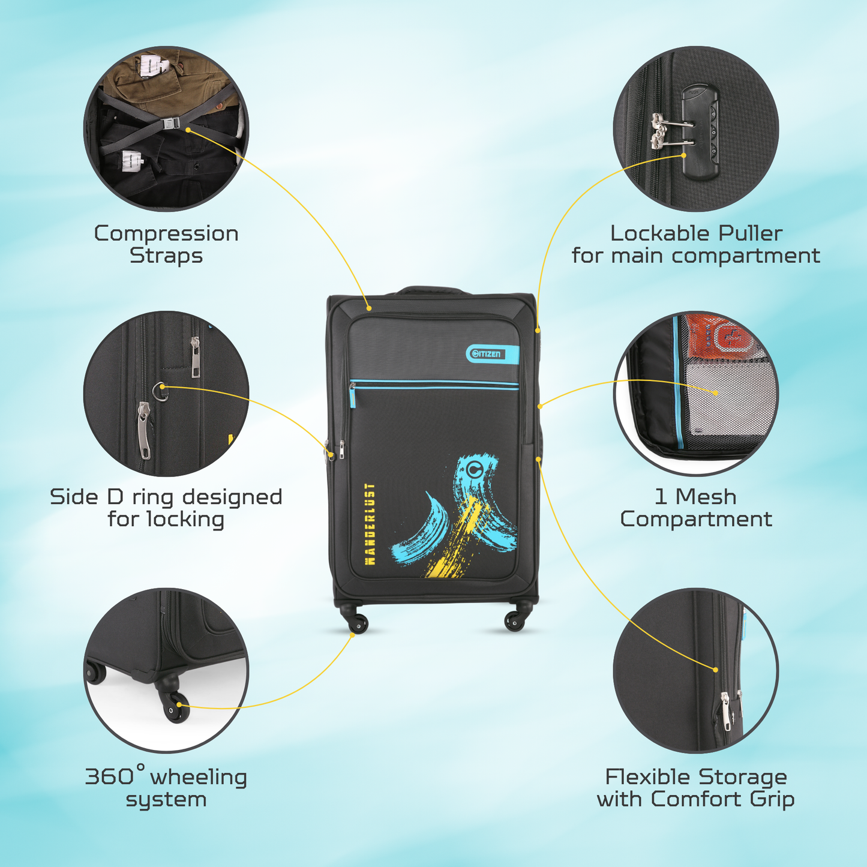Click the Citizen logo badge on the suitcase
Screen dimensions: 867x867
[493, 354]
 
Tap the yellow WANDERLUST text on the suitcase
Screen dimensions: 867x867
[370, 524]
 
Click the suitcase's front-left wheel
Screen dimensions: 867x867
[359, 623]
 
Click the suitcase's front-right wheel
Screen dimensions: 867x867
[515, 622]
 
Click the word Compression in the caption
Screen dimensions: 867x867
[166, 233]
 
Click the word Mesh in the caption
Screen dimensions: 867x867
[706, 497]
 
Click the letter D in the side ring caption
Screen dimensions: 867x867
[115, 497]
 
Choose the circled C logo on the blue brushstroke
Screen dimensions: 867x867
[472, 469]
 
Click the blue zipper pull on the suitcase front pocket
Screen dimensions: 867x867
[353, 396]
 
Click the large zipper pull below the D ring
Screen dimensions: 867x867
[144, 430]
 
